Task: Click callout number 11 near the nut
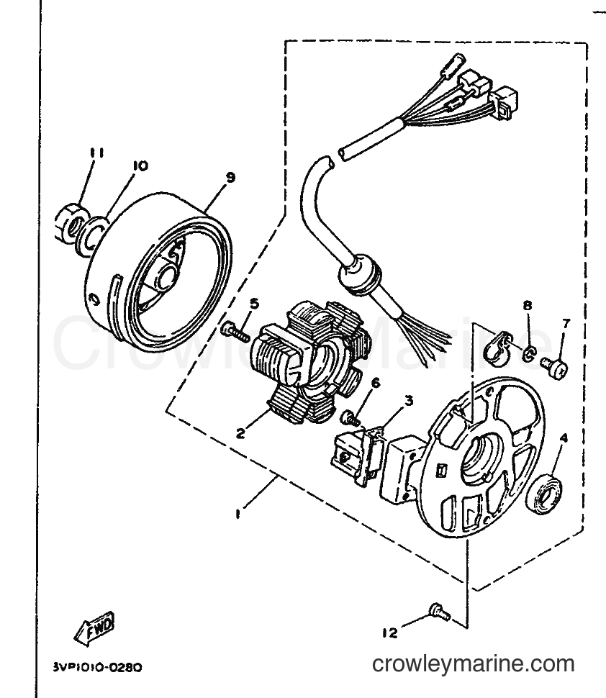[x=96, y=153]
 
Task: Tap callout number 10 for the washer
[x=140, y=166]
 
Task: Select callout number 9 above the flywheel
[x=230, y=177]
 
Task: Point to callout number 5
[x=254, y=304]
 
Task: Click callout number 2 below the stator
[x=240, y=432]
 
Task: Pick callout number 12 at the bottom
[x=389, y=633]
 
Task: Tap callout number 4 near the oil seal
[x=564, y=438]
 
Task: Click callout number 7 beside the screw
[x=566, y=324]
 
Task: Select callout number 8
[x=527, y=305]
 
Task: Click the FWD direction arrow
[x=94, y=628]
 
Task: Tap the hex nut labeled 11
[x=70, y=225]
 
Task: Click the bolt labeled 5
[x=234, y=332]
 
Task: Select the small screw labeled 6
[x=350, y=418]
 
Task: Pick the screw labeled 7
[x=555, y=370]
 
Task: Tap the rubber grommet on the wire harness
[x=359, y=275]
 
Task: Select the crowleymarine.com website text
[x=473, y=663]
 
